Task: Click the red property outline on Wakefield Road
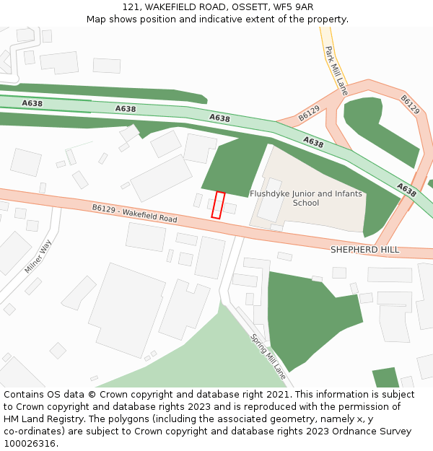tap(218, 205)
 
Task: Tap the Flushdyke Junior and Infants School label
tap(306, 198)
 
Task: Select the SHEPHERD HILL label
tap(364, 250)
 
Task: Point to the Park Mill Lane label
tap(336, 71)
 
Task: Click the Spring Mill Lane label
tap(268, 356)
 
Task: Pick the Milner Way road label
tap(38, 256)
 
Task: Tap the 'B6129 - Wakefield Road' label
tap(134, 213)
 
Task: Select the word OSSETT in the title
tap(249, 7)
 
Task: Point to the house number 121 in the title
tap(130, 7)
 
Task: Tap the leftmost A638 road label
tap(32, 103)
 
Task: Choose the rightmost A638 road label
tap(406, 190)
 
